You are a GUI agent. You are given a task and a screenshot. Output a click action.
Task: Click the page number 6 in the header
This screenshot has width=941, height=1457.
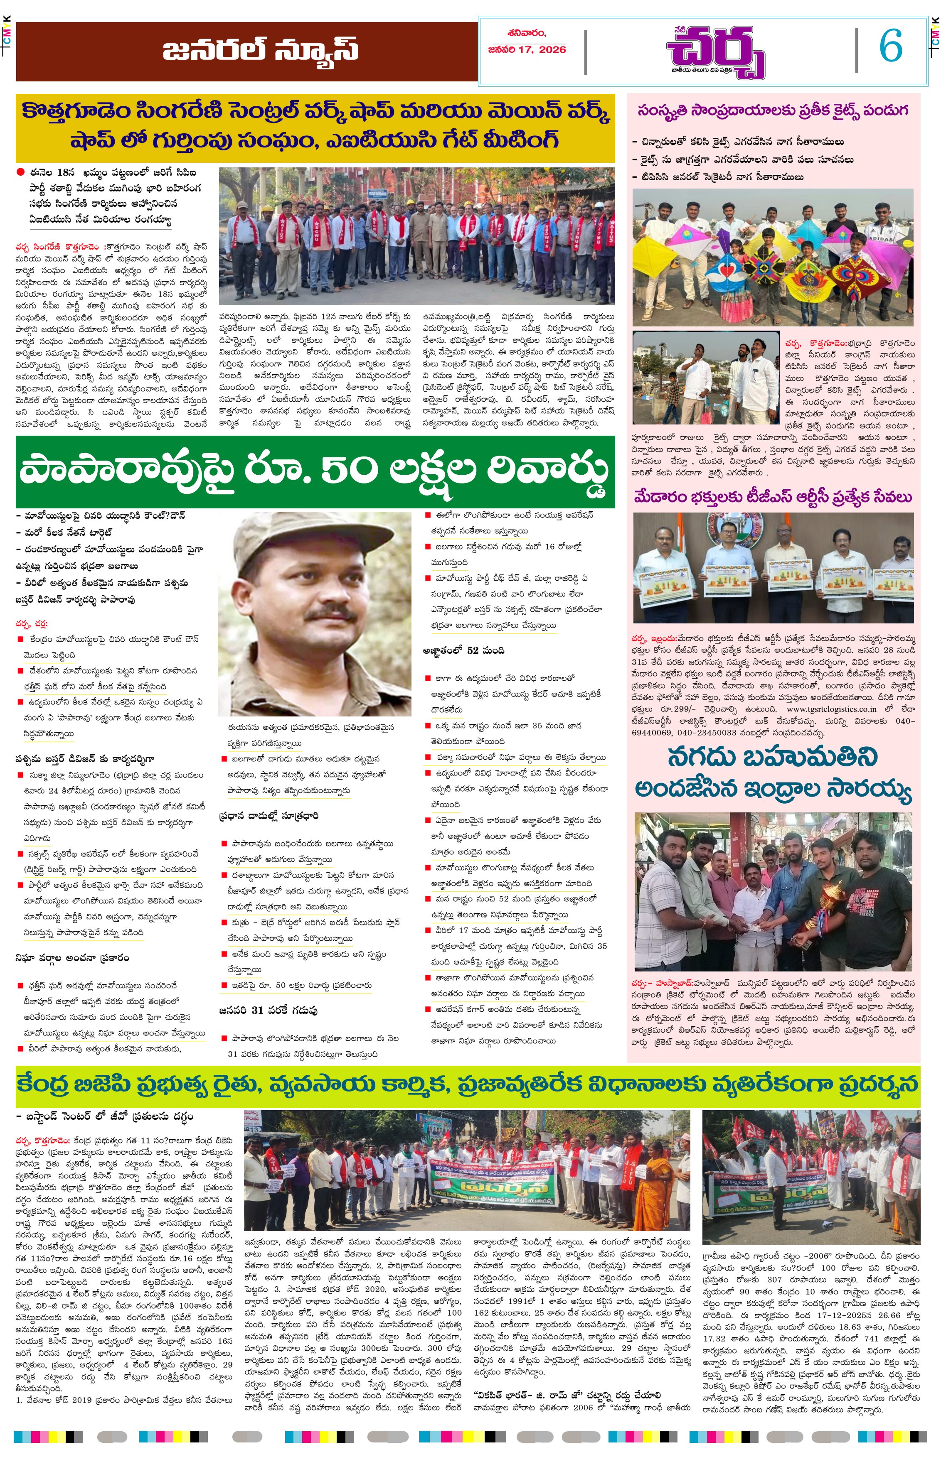(890, 47)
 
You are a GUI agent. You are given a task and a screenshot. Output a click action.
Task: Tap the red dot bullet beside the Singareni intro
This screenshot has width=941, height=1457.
(21, 173)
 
